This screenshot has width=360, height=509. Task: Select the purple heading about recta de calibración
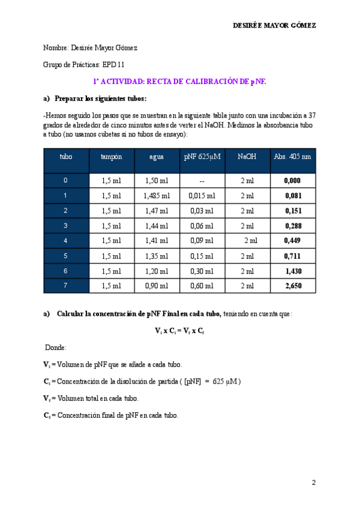tap(179, 81)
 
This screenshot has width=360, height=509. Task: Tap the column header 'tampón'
tap(111, 157)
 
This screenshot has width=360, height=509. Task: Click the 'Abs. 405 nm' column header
tap(292, 157)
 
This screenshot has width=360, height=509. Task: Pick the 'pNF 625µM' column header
tap(202, 157)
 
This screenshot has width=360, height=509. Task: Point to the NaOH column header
tap(247, 157)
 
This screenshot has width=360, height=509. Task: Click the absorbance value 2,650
tap(293, 286)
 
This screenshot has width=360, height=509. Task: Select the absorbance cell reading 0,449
tap(292, 241)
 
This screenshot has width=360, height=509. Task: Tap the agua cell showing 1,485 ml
tap(157, 196)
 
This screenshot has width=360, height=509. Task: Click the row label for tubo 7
tap(65, 286)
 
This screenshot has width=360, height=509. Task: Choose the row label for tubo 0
tap(65, 181)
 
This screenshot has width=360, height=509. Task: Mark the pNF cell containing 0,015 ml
tap(202, 196)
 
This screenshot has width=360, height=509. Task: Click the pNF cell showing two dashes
tap(202, 181)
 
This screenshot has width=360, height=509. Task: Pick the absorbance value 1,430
tap(293, 271)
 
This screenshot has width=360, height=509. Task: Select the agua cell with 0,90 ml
tap(157, 286)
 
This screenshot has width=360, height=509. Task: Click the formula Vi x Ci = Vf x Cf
tap(179, 331)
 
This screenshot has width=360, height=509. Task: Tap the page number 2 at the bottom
tap(313, 483)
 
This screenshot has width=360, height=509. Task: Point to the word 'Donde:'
tap(56, 348)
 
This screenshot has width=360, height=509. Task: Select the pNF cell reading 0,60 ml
tap(202, 286)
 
